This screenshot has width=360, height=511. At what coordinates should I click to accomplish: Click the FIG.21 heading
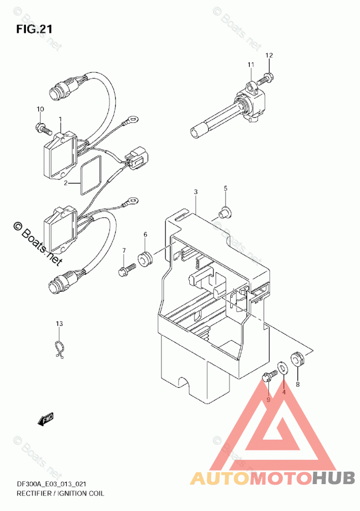click(34, 29)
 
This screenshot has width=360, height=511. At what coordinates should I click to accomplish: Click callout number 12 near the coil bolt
click(269, 55)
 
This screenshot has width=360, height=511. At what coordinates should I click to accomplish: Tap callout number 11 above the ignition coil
click(251, 65)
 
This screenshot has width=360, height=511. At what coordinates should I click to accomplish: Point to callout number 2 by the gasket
click(66, 183)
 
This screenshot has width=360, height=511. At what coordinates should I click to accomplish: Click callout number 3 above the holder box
click(196, 192)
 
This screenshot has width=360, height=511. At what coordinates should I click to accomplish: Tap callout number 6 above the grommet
click(145, 234)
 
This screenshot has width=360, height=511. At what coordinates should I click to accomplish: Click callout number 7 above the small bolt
click(124, 251)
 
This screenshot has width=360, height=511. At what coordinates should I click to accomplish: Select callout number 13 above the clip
click(59, 324)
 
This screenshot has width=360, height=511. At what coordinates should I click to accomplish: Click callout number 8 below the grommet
click(297, 384)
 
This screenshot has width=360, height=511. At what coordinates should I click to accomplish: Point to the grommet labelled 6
click(144, 257)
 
